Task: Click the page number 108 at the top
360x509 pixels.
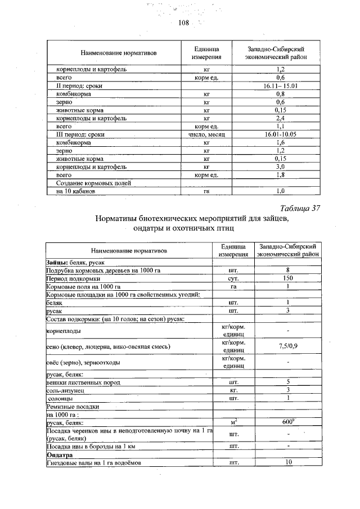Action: [x=183, y=22]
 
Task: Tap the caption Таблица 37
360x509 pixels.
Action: [x=299, y=208]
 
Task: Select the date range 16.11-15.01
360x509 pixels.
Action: [x=280, y=86]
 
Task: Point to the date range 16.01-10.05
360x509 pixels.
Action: [x=280, y=135]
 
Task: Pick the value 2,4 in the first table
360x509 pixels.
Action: [x=280, y=119]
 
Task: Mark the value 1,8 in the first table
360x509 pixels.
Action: [x=280, y=175]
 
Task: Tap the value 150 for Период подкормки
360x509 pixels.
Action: [x=287, y=278]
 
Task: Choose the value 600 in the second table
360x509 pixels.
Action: [x=288, y=422]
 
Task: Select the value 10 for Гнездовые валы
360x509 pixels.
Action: [x=288, y=463]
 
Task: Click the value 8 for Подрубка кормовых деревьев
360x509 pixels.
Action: [x=287, y=271]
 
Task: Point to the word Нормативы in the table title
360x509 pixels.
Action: [x=121, y=219]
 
